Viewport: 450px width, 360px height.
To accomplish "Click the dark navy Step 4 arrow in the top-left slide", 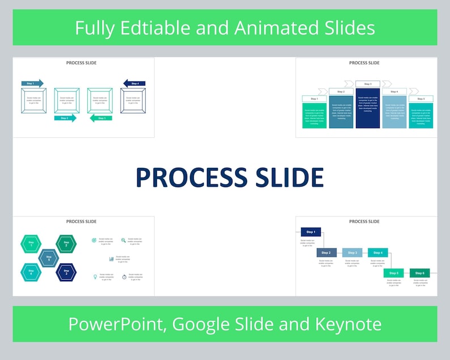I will pos(134,83).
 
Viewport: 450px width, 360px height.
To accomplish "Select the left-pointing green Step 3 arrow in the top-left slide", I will pos(100,118).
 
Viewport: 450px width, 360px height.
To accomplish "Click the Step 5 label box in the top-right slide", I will pos(421,99).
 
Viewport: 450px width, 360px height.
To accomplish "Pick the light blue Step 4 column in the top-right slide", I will pos(394,112).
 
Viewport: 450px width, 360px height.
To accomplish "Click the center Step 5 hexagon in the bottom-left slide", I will pos(49,258).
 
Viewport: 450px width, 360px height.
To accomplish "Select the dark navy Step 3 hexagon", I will pos(66,273).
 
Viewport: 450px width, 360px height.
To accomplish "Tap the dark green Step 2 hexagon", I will pos(66,244).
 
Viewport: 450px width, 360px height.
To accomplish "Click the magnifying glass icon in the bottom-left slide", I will pos(124,240).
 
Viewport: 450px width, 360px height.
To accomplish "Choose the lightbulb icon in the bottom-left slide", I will pos(94,277).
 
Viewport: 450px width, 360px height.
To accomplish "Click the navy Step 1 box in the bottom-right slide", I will pos(311,232).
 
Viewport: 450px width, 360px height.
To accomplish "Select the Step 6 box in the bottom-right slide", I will pos(420,273).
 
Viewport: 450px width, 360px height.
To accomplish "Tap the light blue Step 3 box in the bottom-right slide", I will pos(352,252).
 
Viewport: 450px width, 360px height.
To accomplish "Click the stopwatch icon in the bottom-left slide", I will pos(124,277).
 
